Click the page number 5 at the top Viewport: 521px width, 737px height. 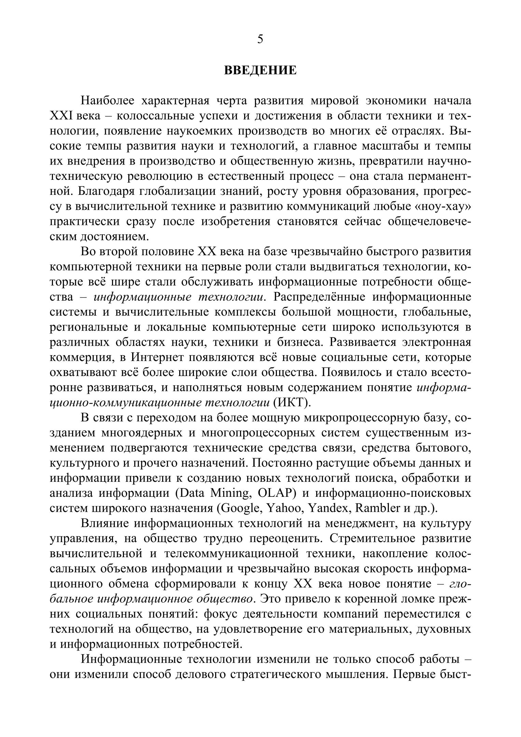(260, 40)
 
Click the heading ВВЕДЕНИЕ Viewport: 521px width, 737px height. (260, 71)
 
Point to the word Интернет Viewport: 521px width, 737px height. (157, 357)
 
